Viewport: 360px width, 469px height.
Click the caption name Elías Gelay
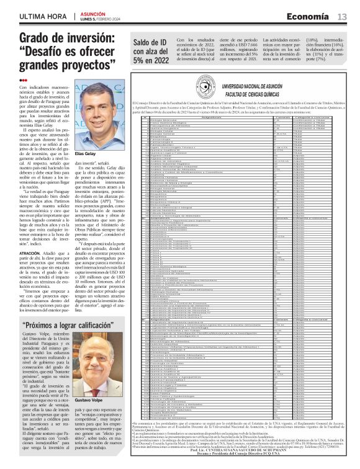tap(86, 153)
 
